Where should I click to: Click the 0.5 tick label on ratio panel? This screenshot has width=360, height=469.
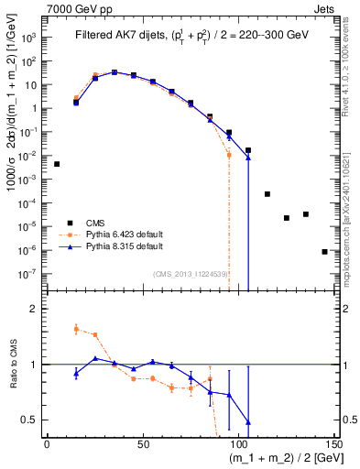click(29, 420)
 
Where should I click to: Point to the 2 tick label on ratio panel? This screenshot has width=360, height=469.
click(34, 310)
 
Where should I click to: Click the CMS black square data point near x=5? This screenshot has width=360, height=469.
click(57, 164)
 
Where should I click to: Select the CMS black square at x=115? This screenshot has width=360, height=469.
click(267, 194)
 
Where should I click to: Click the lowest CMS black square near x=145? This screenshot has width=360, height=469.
click(324, 251)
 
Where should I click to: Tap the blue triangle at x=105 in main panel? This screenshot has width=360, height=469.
click(248, 158)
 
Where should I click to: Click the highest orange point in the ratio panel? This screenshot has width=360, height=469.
click(76, 328)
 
